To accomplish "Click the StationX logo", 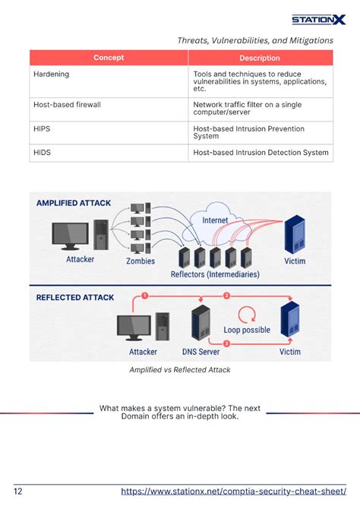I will [319, 20].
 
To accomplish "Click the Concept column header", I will [109, 58].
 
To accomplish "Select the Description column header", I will [260, 58].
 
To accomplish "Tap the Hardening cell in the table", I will [52, 74].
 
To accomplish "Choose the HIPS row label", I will [42, 128].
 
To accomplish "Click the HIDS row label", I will [42, 153].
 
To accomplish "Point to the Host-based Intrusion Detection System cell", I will [261, 153].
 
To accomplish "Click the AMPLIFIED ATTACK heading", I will [74, 203].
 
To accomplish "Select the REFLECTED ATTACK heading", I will [75, 297].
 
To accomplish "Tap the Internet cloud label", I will [215, 220].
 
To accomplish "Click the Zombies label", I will [140, 261].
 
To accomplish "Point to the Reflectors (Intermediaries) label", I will [215, 274].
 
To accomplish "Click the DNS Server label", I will [202, 352].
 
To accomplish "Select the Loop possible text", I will [246, 330].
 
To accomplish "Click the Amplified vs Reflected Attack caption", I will [179, 370].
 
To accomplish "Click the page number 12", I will [18, 492].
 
